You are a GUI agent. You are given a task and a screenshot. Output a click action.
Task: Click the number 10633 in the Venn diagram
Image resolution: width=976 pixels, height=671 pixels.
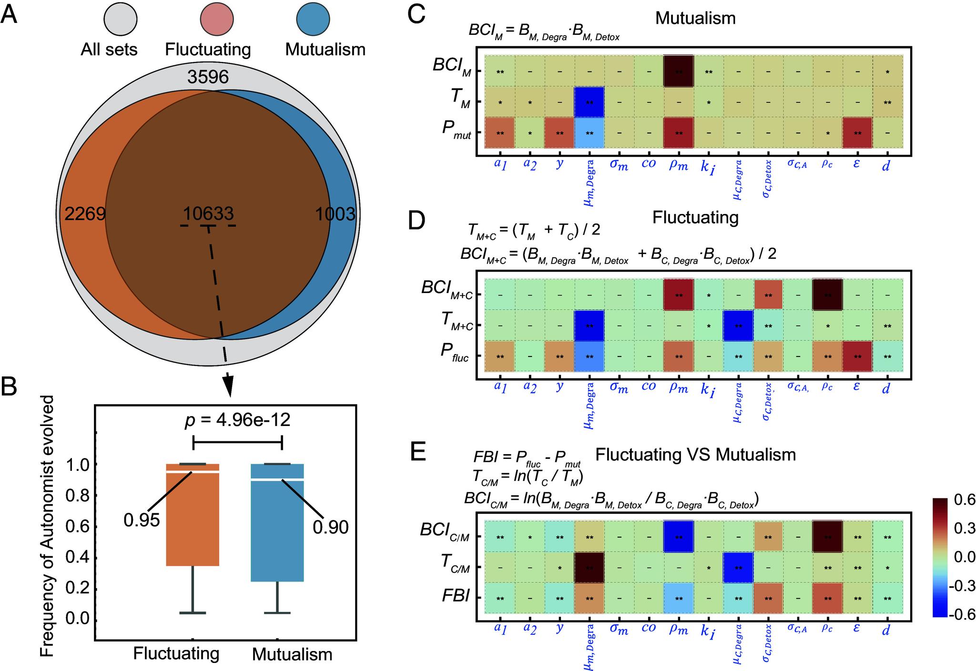[x=208, y=213]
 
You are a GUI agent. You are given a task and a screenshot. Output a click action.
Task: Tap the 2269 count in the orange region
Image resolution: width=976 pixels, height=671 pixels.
[x=85, y=214]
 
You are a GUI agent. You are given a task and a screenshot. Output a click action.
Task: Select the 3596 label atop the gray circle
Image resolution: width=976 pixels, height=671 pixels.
[x=208, y=77]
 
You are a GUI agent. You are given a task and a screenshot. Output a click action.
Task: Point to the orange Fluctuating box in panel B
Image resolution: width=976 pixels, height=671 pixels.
[x=193, y=515]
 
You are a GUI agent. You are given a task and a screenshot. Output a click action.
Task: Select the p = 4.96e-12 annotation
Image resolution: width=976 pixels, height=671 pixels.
[x=237, y=420]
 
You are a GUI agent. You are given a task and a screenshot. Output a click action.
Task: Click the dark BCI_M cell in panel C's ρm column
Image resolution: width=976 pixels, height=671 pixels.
[x=679, y=72]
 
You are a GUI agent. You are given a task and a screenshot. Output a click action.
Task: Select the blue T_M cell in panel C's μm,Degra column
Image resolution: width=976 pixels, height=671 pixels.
[x=590, y=102]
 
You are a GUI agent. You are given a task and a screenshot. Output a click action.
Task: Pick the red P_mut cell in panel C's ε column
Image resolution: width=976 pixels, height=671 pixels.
[x=857, y=133]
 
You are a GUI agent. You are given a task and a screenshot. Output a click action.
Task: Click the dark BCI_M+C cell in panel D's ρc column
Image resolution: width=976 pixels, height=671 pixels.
[x=828, y=295]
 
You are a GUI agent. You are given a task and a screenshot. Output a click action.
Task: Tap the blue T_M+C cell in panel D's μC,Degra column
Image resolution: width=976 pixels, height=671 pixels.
[x=738, y=326]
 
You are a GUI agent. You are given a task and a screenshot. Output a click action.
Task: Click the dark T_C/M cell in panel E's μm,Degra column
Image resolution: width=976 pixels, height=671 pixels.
[x=590, y=567]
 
